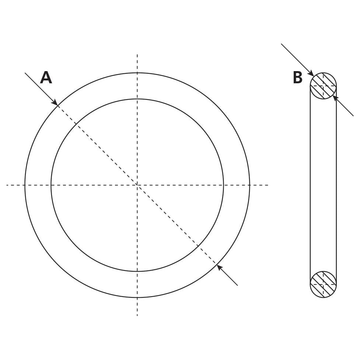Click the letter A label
click(46, 78)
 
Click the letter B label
click(297, 78)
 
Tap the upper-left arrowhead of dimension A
click(55, 103)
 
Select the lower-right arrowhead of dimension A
click(219, 267)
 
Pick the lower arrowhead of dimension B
click(335, 97)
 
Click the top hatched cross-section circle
click(323, 86)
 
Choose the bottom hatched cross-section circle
click(323, 284)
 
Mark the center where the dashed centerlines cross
click(137, 185)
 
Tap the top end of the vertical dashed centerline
click(137, 55)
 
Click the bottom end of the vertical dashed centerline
click(137, 315)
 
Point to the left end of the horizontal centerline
click(7, 185)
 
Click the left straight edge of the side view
click(310, 185)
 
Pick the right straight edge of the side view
click(336, 185)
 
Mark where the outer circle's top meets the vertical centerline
click(137, 73)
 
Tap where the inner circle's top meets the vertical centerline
click(137, 99)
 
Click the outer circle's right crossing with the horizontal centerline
click(249, 185)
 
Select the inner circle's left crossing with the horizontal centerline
click(51, 185)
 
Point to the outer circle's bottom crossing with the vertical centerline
click(137, 297)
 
